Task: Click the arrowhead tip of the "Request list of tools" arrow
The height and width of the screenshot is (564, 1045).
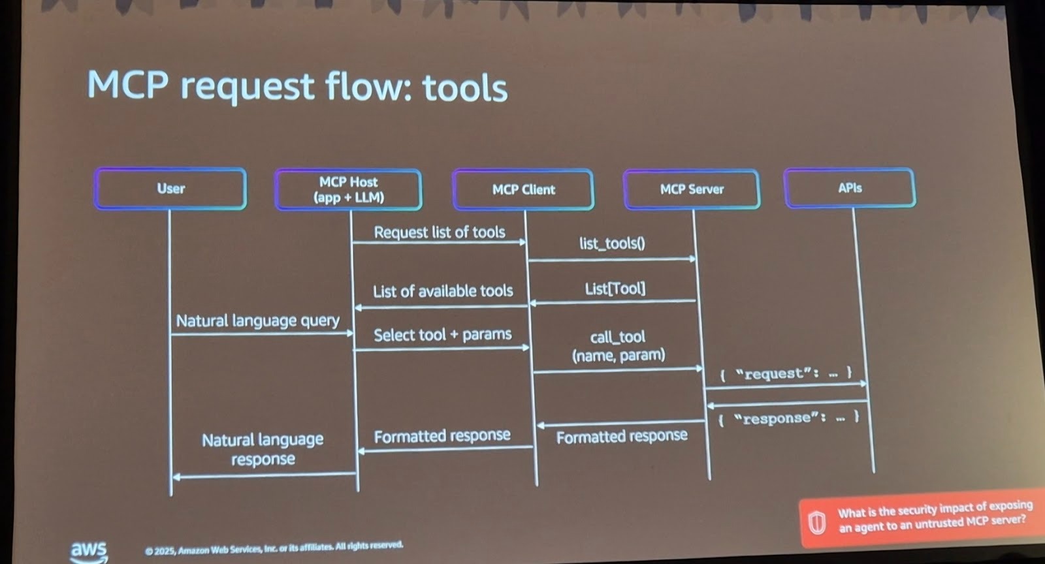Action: [526, 242]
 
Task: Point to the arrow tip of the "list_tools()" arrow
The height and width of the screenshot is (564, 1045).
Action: [696, 258]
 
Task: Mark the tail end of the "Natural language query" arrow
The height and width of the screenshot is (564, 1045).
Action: [170, 334]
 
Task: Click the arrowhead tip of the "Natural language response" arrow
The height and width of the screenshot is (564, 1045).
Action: [172, 477]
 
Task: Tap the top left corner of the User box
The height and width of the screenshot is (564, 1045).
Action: [95, 169]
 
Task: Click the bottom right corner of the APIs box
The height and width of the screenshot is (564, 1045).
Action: [915, 206]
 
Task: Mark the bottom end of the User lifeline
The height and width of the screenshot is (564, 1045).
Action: [170, 495]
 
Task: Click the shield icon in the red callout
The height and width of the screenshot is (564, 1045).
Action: [816, 522]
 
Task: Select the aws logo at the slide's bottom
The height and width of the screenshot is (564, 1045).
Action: [89, 552]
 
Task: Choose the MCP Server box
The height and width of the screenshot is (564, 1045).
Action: [692, 189]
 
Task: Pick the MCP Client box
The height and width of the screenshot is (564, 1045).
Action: [523, 190]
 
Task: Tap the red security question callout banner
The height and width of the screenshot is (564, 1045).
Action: [922, 518]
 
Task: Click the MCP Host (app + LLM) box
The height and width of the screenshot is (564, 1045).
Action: [349, 190]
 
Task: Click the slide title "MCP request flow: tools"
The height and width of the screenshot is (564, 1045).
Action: [297, 87]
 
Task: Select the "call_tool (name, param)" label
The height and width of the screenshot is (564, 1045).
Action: [618, 347]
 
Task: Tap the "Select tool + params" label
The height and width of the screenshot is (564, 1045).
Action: [442, 335]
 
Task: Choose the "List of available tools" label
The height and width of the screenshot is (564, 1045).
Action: [443, 291]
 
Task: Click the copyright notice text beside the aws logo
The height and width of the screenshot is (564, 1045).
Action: [274, 548]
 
